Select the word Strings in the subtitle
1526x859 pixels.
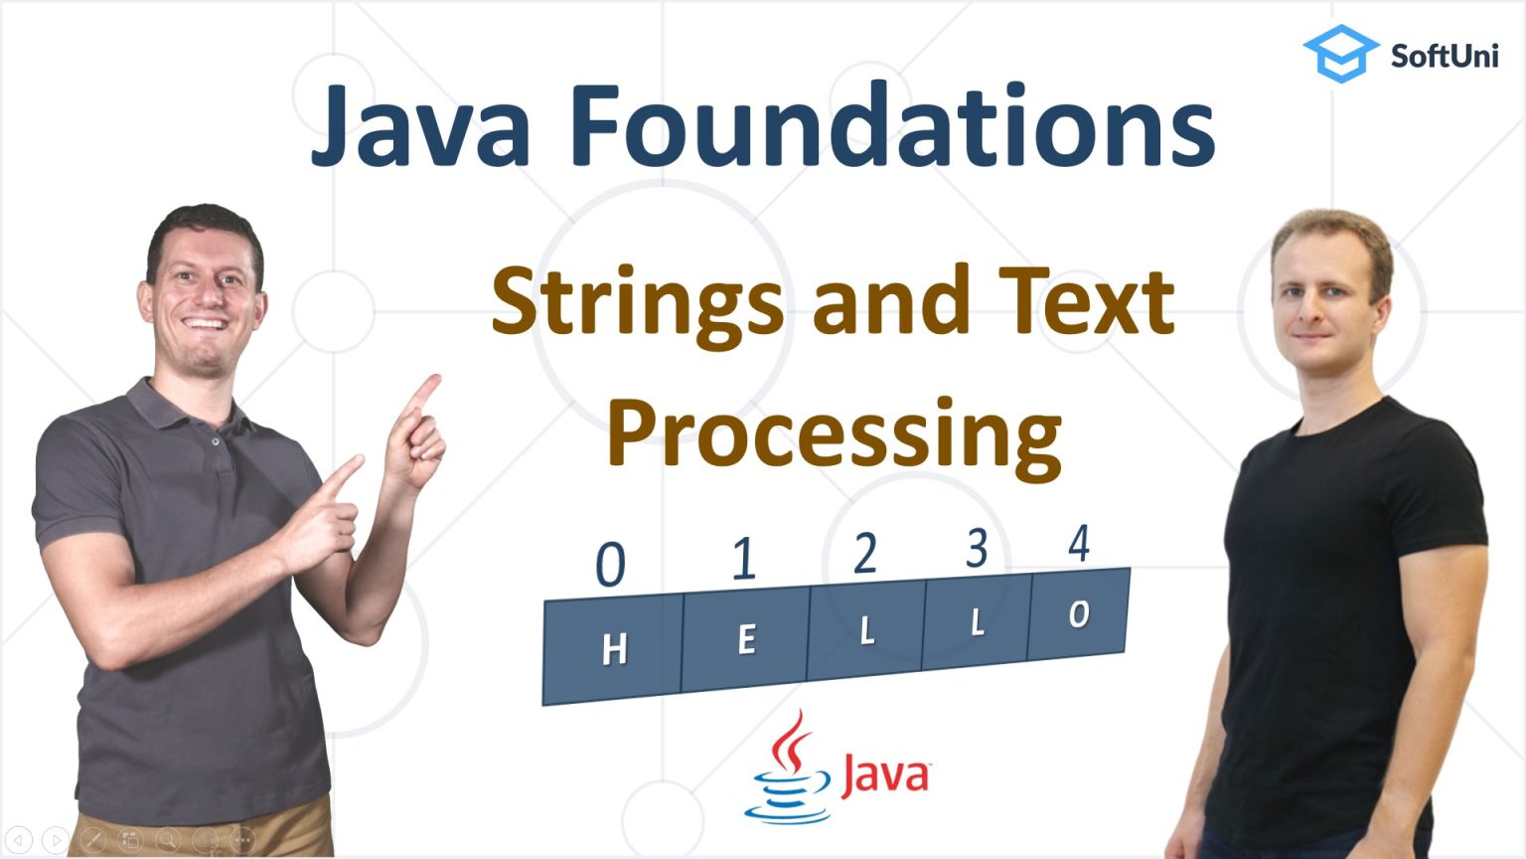[x=636, y=302]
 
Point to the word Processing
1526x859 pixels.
[x=834, y=433]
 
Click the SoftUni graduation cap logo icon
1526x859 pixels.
[x=1339, y=53]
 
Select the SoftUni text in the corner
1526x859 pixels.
[x=1444, y=56]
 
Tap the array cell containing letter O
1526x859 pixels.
[x=1079, y=615]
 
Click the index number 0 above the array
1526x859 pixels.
[x=610, y=565]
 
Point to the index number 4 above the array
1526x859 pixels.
[x=1079, y=544]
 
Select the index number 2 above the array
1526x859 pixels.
[x=865, y=553]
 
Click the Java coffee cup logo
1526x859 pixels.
[x=788, y=771]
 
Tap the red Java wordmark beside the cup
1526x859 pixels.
[x=884, y=775]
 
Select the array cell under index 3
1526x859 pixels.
[x=976, y=623]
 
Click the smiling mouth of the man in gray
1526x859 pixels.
[x=206, y=323]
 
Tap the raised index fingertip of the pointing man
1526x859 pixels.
[x=433, y=379]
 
